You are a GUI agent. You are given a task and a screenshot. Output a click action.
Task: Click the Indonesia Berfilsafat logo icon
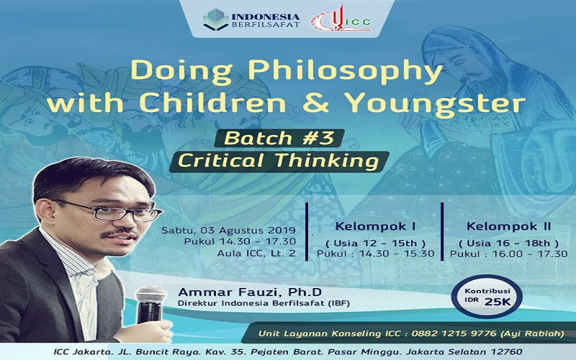216,20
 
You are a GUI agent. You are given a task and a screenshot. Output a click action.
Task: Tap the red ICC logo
341,19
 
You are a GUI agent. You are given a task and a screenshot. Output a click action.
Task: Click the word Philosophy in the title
345,71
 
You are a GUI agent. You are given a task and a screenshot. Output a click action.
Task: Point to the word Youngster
436,104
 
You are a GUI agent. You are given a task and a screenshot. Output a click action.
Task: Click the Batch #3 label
279,138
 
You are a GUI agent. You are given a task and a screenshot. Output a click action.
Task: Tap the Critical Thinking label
279,161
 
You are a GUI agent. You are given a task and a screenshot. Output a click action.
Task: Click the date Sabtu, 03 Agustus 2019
228,230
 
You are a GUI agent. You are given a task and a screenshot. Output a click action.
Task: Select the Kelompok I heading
375,227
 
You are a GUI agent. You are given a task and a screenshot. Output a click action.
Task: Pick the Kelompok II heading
508,226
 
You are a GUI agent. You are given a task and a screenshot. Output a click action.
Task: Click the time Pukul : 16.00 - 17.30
508,254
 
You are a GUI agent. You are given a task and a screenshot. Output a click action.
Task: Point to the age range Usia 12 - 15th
375,243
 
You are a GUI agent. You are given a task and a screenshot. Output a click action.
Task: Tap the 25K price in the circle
498,302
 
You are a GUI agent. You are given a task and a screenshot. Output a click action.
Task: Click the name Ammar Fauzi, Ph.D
250,292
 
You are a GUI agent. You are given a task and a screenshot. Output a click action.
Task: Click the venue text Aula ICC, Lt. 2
256,253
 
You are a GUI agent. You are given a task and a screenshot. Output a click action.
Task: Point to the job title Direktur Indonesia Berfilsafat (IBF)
264,303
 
